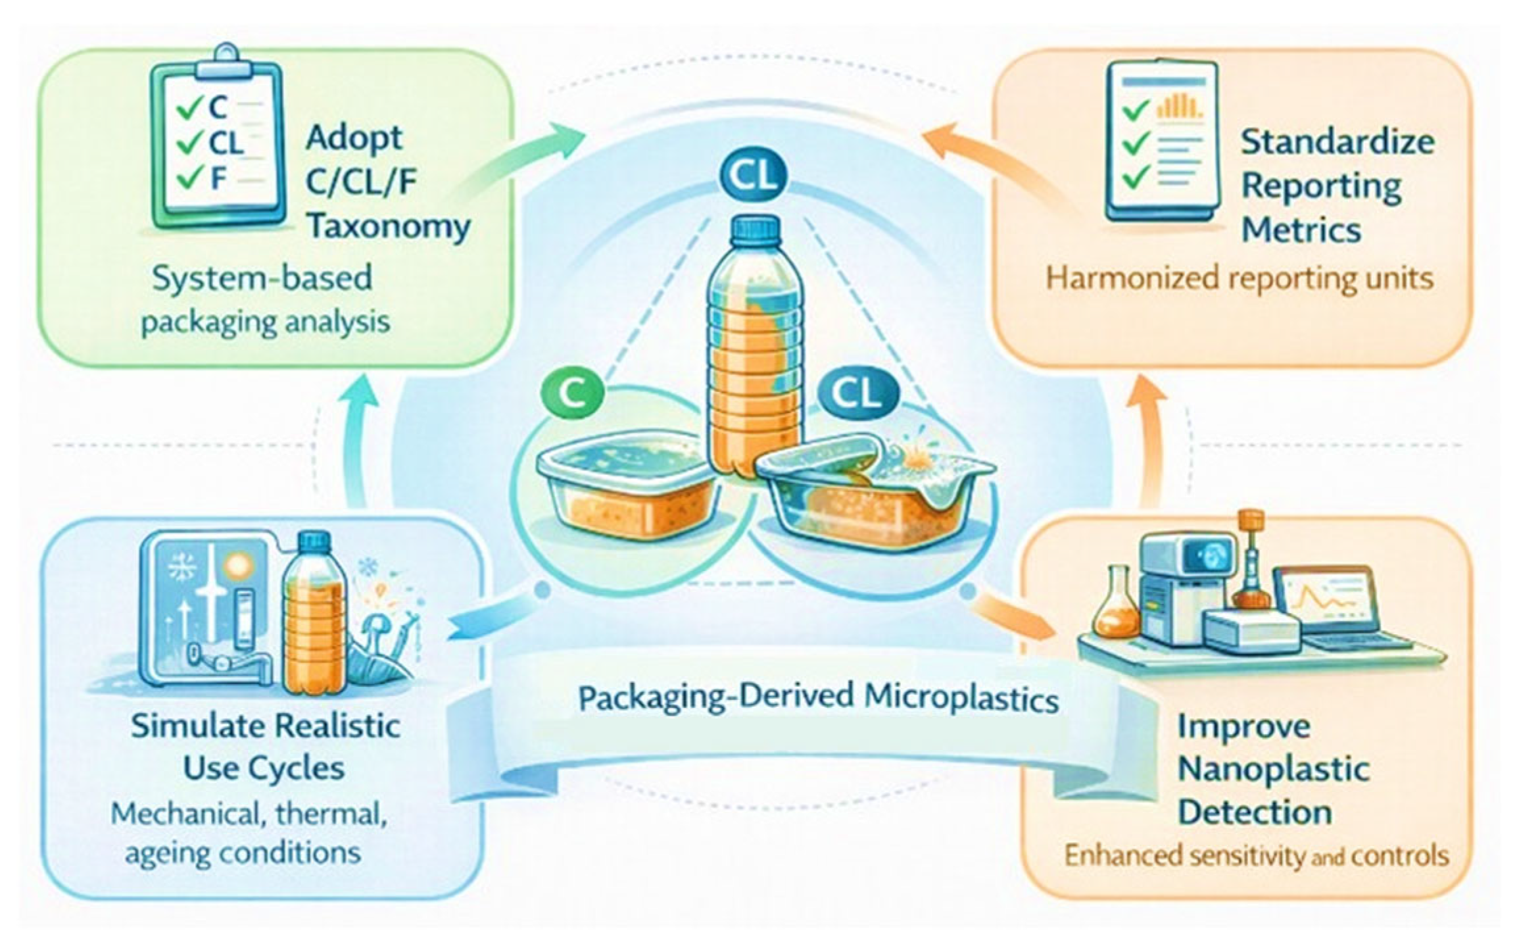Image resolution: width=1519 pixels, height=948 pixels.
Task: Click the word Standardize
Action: point(1338,142)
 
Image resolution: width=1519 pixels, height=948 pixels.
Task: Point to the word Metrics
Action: point(1301,230)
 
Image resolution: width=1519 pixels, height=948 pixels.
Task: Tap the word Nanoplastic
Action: point(1274,769)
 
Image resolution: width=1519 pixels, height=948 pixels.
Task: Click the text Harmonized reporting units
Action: point(1240,278)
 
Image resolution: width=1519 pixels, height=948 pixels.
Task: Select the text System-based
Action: point(262,278)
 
